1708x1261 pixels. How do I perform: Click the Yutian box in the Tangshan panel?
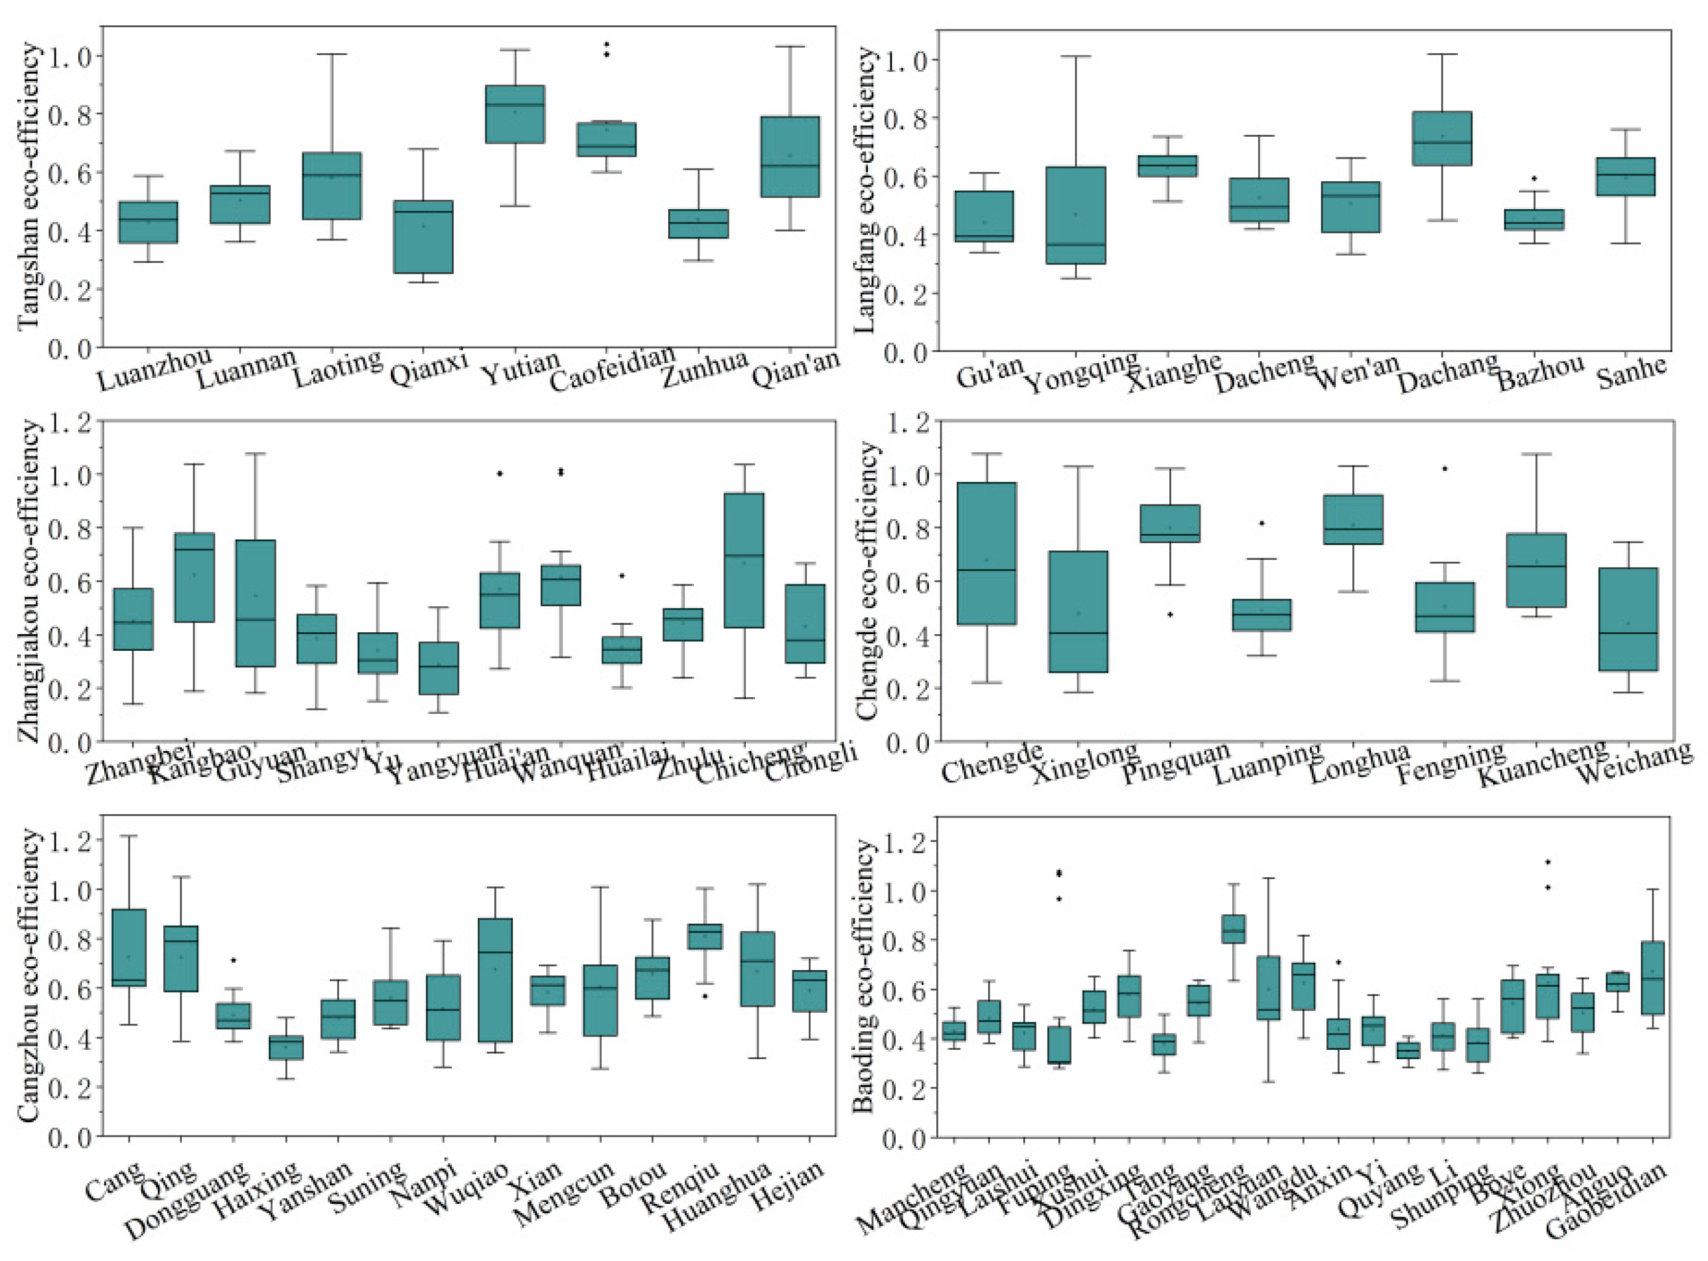tap(515, 114)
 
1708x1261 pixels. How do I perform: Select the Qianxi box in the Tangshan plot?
tap(423, 236)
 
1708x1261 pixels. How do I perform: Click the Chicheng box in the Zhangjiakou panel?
tap(744, 560)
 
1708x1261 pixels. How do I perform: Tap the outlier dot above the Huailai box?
tap(622, 576)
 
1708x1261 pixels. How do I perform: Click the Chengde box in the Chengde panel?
tap(986, 553)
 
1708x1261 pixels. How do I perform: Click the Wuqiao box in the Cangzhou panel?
tap(495, 980)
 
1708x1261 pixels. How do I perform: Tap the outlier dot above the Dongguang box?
tap(234, 960)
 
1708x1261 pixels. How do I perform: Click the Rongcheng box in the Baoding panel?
tap(1234, 929)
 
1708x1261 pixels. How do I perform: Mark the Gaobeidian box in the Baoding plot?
tap(1653, 978)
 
